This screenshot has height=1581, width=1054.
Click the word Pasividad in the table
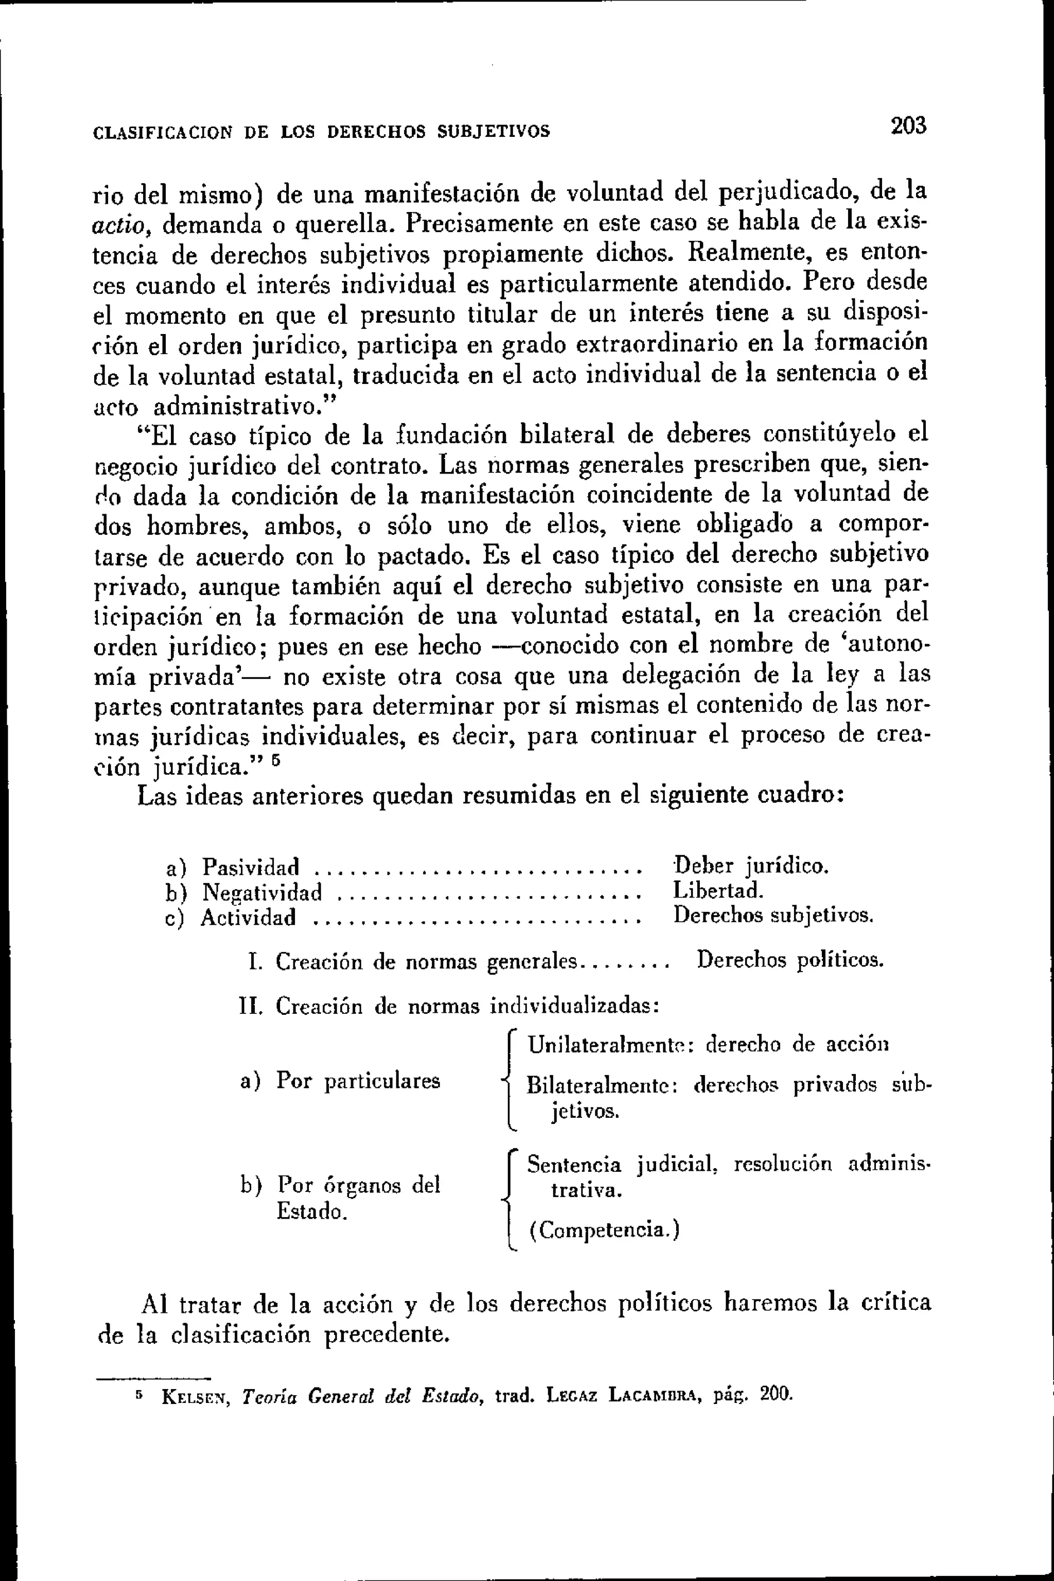[x=251, y=867]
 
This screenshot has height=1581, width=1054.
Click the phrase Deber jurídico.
[x=751, y=866]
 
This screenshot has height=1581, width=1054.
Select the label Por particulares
[x=358, y=1081]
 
